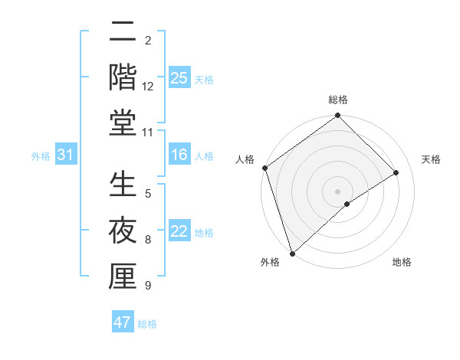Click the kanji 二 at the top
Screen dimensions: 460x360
coord(123,34)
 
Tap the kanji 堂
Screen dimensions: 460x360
coord(123,124)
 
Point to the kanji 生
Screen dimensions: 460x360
coord(123,186)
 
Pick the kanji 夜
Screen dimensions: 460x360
coord(123,231)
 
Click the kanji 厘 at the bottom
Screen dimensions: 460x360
coord(123,277)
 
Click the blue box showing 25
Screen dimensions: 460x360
coord(179,77)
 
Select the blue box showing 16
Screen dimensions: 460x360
coord(179,155)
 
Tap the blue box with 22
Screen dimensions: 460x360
coord(179,231)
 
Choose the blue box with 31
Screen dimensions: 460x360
coord(65,155)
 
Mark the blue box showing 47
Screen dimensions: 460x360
coord(123,322)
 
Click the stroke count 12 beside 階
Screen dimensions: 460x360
coord(148,87)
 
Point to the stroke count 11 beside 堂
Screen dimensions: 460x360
coord(148,133)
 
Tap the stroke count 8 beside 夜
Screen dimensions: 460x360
coord(148,240)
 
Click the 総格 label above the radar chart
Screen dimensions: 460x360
coord(338,100)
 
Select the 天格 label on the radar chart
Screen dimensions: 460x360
coord(432,159)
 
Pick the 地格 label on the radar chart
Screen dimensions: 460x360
coord(402,262)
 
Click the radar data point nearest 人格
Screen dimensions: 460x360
coord(264,169)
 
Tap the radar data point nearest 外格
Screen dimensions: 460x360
coord(292,254)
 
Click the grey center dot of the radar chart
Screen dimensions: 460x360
coord(337,191)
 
